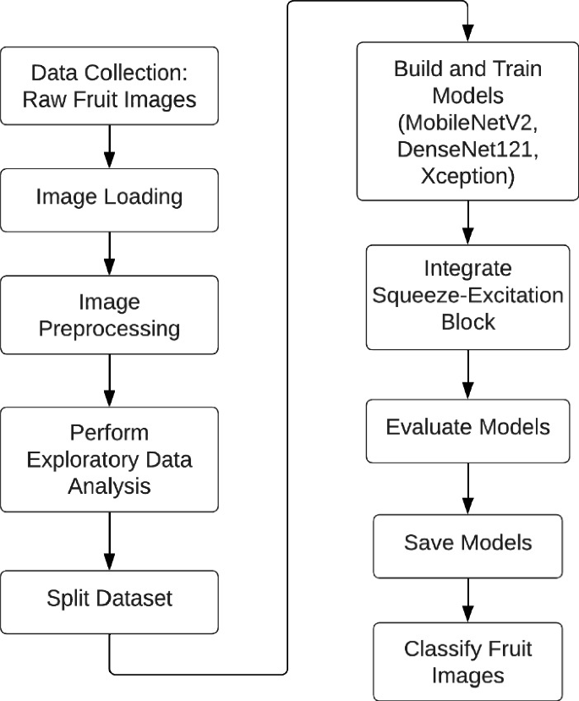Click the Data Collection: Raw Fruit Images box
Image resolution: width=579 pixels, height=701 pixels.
[109, 87]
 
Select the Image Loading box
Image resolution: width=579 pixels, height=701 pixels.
[109, 198]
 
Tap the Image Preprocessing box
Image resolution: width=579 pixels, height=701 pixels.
[109, 315]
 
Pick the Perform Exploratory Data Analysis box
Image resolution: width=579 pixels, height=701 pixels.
[109, 459]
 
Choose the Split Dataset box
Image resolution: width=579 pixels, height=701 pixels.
[109, 599]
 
